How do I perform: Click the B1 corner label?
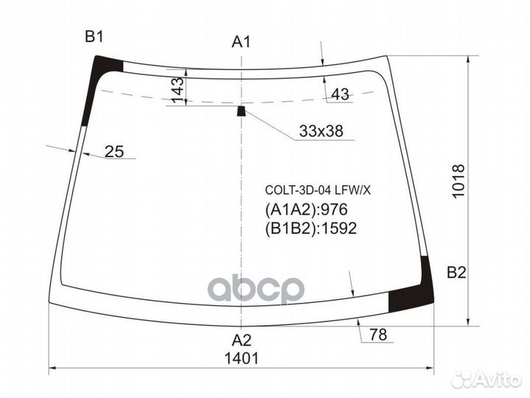pos(94,37)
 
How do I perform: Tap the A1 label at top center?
pos(241,42)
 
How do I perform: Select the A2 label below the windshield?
pos(241,341)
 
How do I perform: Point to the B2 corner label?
pos(456,272)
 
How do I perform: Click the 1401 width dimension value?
pos(241,358)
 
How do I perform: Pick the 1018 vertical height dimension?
pos(458,181)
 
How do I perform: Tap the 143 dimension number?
pos(178,90)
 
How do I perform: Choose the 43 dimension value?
pos(340,94)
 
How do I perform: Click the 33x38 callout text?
pos(321,131)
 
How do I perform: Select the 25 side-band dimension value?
pos(114,152)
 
